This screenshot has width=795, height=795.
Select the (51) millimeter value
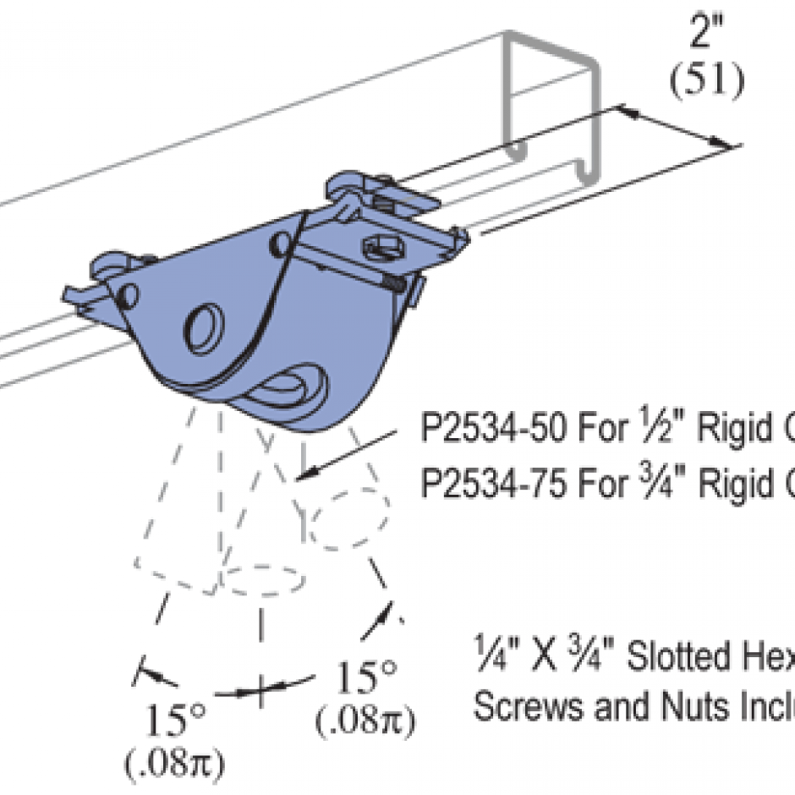(707, 81)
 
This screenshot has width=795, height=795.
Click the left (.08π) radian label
(174, 766)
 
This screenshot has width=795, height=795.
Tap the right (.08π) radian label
(365, 721)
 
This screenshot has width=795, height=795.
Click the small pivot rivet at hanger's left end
(128, 296)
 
